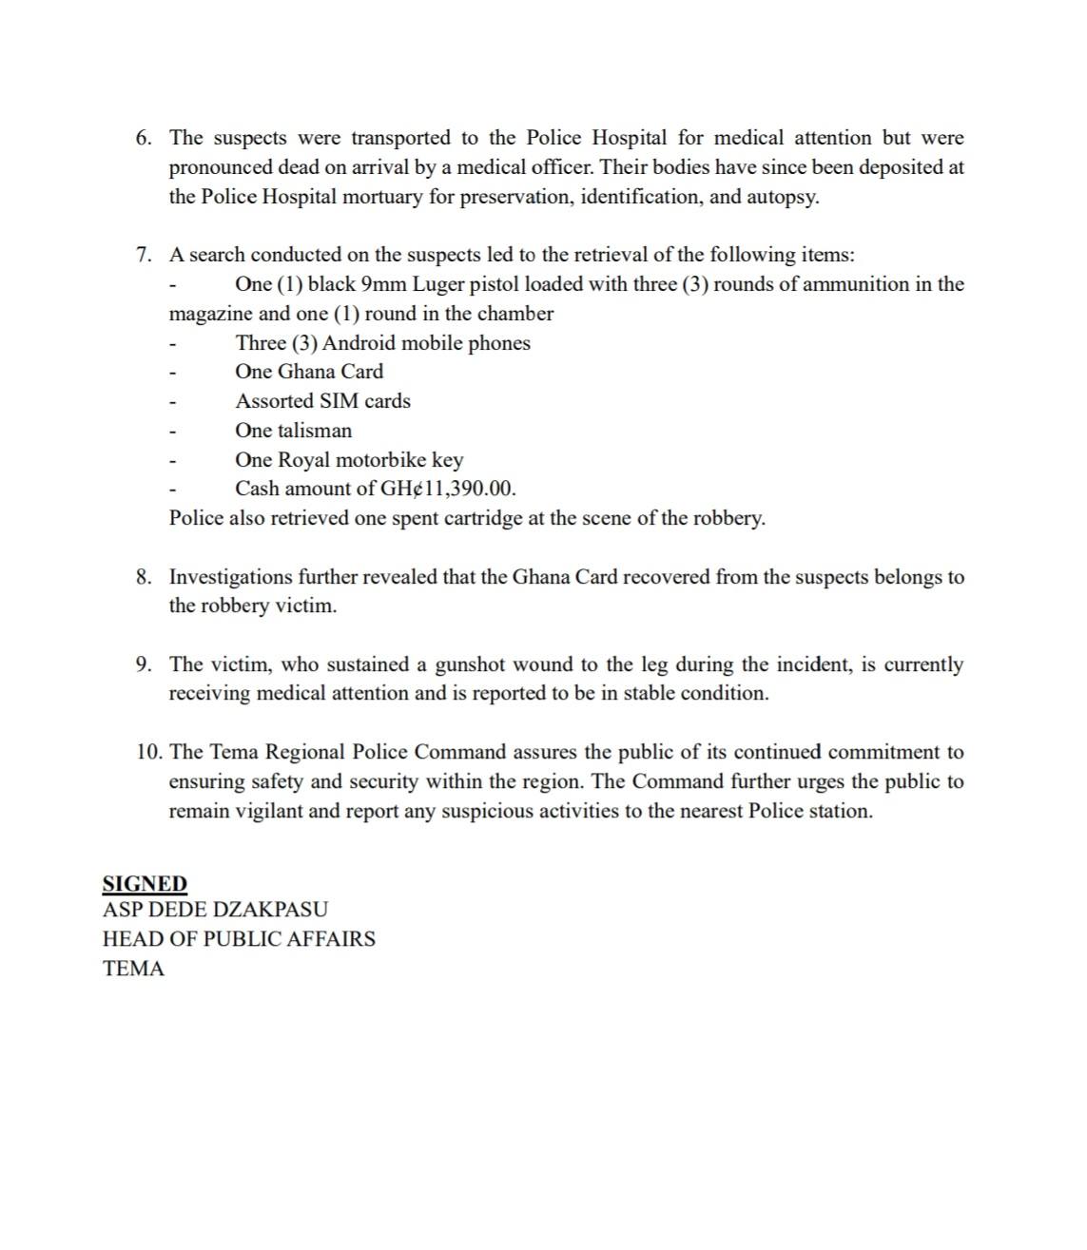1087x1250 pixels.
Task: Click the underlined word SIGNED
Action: click(145, 883)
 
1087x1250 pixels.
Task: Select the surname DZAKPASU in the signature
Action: click(270, 910)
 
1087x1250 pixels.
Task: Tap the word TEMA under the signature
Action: click(133, 969)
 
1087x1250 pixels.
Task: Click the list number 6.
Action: click(143, 138)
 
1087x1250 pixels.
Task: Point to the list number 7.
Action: click(143, 255)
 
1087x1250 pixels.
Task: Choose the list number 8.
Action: click(143, 577)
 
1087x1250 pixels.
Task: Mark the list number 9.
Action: click(143, 664)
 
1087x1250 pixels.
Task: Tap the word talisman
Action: click(314, 431)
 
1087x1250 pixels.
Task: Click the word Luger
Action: click(437, 284)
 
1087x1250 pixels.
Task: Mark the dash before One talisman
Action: click(172, 432)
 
